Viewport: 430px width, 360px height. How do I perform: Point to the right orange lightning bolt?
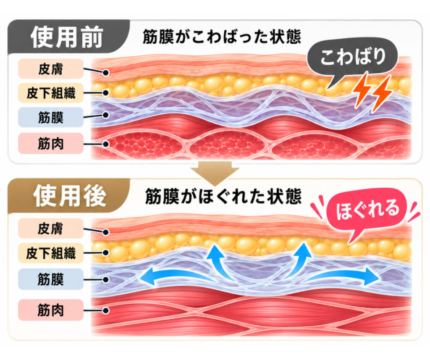(382, 93)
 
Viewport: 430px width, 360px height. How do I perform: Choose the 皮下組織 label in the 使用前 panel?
(51, 93)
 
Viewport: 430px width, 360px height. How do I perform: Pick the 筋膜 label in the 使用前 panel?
(51, 117)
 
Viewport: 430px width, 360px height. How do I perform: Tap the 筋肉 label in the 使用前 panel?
(51, 143)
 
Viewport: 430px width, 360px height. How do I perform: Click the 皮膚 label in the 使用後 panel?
(51, 228)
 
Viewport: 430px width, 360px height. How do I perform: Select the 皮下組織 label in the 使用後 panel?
(51, 253)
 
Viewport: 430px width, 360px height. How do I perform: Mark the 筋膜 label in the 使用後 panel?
(51, 279)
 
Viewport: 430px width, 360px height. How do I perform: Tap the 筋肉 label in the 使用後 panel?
(51, 310)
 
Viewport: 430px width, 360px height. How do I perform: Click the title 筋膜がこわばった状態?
(222, 37)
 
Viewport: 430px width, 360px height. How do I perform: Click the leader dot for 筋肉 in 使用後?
(106, 310)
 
